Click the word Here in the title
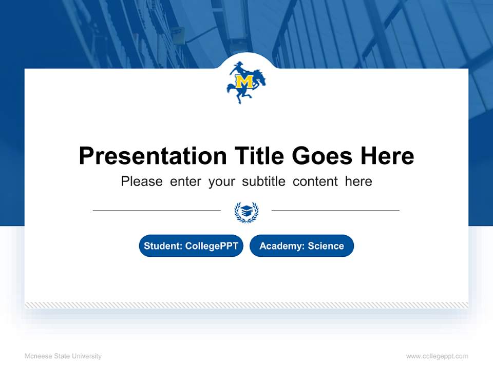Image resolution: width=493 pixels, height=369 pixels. click(387, 156)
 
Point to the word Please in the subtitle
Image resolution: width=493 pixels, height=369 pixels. click(142, 181)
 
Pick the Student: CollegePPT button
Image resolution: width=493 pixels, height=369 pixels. click(191, 246)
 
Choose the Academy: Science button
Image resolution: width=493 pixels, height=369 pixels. click(301, 246)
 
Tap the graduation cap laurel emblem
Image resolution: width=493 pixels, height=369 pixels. click(246, 212)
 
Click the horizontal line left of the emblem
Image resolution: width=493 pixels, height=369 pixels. click(157, 210)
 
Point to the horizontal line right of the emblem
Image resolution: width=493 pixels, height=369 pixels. click(335, 210)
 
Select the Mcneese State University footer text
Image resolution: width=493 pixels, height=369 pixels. click(63, 356)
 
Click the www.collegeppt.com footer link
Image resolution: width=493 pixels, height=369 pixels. click(437, 356)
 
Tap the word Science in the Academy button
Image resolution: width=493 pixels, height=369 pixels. click(326, 246)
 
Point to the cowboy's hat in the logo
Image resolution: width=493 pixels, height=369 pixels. click(237, 66)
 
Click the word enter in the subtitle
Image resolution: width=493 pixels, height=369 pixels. click(185, 181)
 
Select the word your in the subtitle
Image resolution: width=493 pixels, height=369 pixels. click(222, 181)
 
